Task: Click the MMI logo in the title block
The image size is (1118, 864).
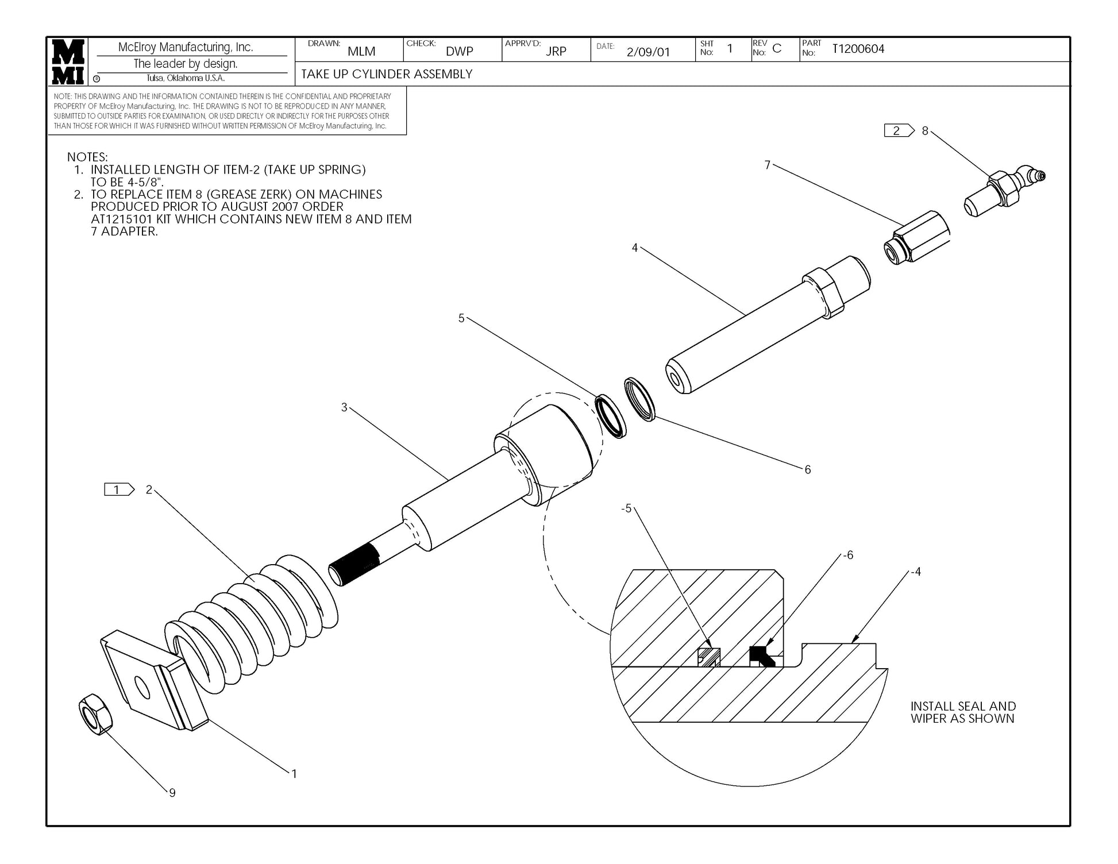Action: (68, 61)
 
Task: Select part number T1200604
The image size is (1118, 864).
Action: (858, 49)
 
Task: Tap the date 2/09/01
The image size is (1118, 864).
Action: (647, 52)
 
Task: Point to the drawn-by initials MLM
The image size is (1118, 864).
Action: (361, 52)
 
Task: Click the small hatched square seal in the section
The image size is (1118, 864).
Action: (709, 657)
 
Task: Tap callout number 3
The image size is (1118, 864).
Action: (344, 407)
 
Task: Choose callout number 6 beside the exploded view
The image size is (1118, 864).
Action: (807, 470)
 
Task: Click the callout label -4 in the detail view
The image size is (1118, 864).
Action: (916, 572)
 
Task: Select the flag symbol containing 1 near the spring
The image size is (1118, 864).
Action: (118, 490)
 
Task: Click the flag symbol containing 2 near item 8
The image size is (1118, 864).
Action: (898, 131)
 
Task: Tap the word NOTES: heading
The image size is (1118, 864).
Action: (87, 157)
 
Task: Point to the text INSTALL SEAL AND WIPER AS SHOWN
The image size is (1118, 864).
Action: (963, 712)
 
